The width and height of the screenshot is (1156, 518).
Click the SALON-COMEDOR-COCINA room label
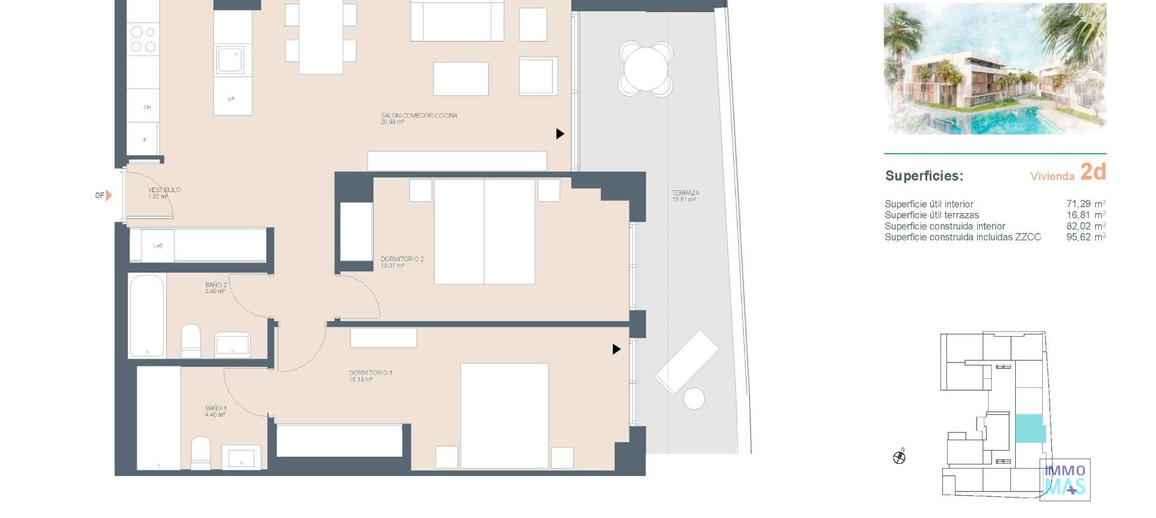tap(418, 116)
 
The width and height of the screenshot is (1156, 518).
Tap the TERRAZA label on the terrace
tap(685, 193)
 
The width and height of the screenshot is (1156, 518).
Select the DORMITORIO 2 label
tap(402, 260)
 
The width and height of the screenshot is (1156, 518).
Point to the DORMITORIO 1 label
tap(370, 373)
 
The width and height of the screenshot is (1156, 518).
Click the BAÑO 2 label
tap(216, 285)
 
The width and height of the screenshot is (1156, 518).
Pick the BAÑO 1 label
tap(216, 408)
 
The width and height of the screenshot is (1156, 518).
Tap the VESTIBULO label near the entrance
tap(164, 190)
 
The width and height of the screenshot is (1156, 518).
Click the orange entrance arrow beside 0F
tap(108, 195)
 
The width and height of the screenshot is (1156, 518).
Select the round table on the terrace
tap(645, 69)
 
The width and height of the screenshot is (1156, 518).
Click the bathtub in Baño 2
tap(147, 316)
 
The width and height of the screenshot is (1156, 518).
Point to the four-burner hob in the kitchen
tap(143, 39)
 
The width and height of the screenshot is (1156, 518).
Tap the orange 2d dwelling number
tap(1093, 172)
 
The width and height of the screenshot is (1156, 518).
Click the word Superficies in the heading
tap(924, 176)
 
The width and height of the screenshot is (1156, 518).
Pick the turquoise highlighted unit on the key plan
tap(1030, 428)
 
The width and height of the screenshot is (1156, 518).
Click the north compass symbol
tap(900, 457)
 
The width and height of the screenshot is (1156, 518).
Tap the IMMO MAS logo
tap(1064, 479)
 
